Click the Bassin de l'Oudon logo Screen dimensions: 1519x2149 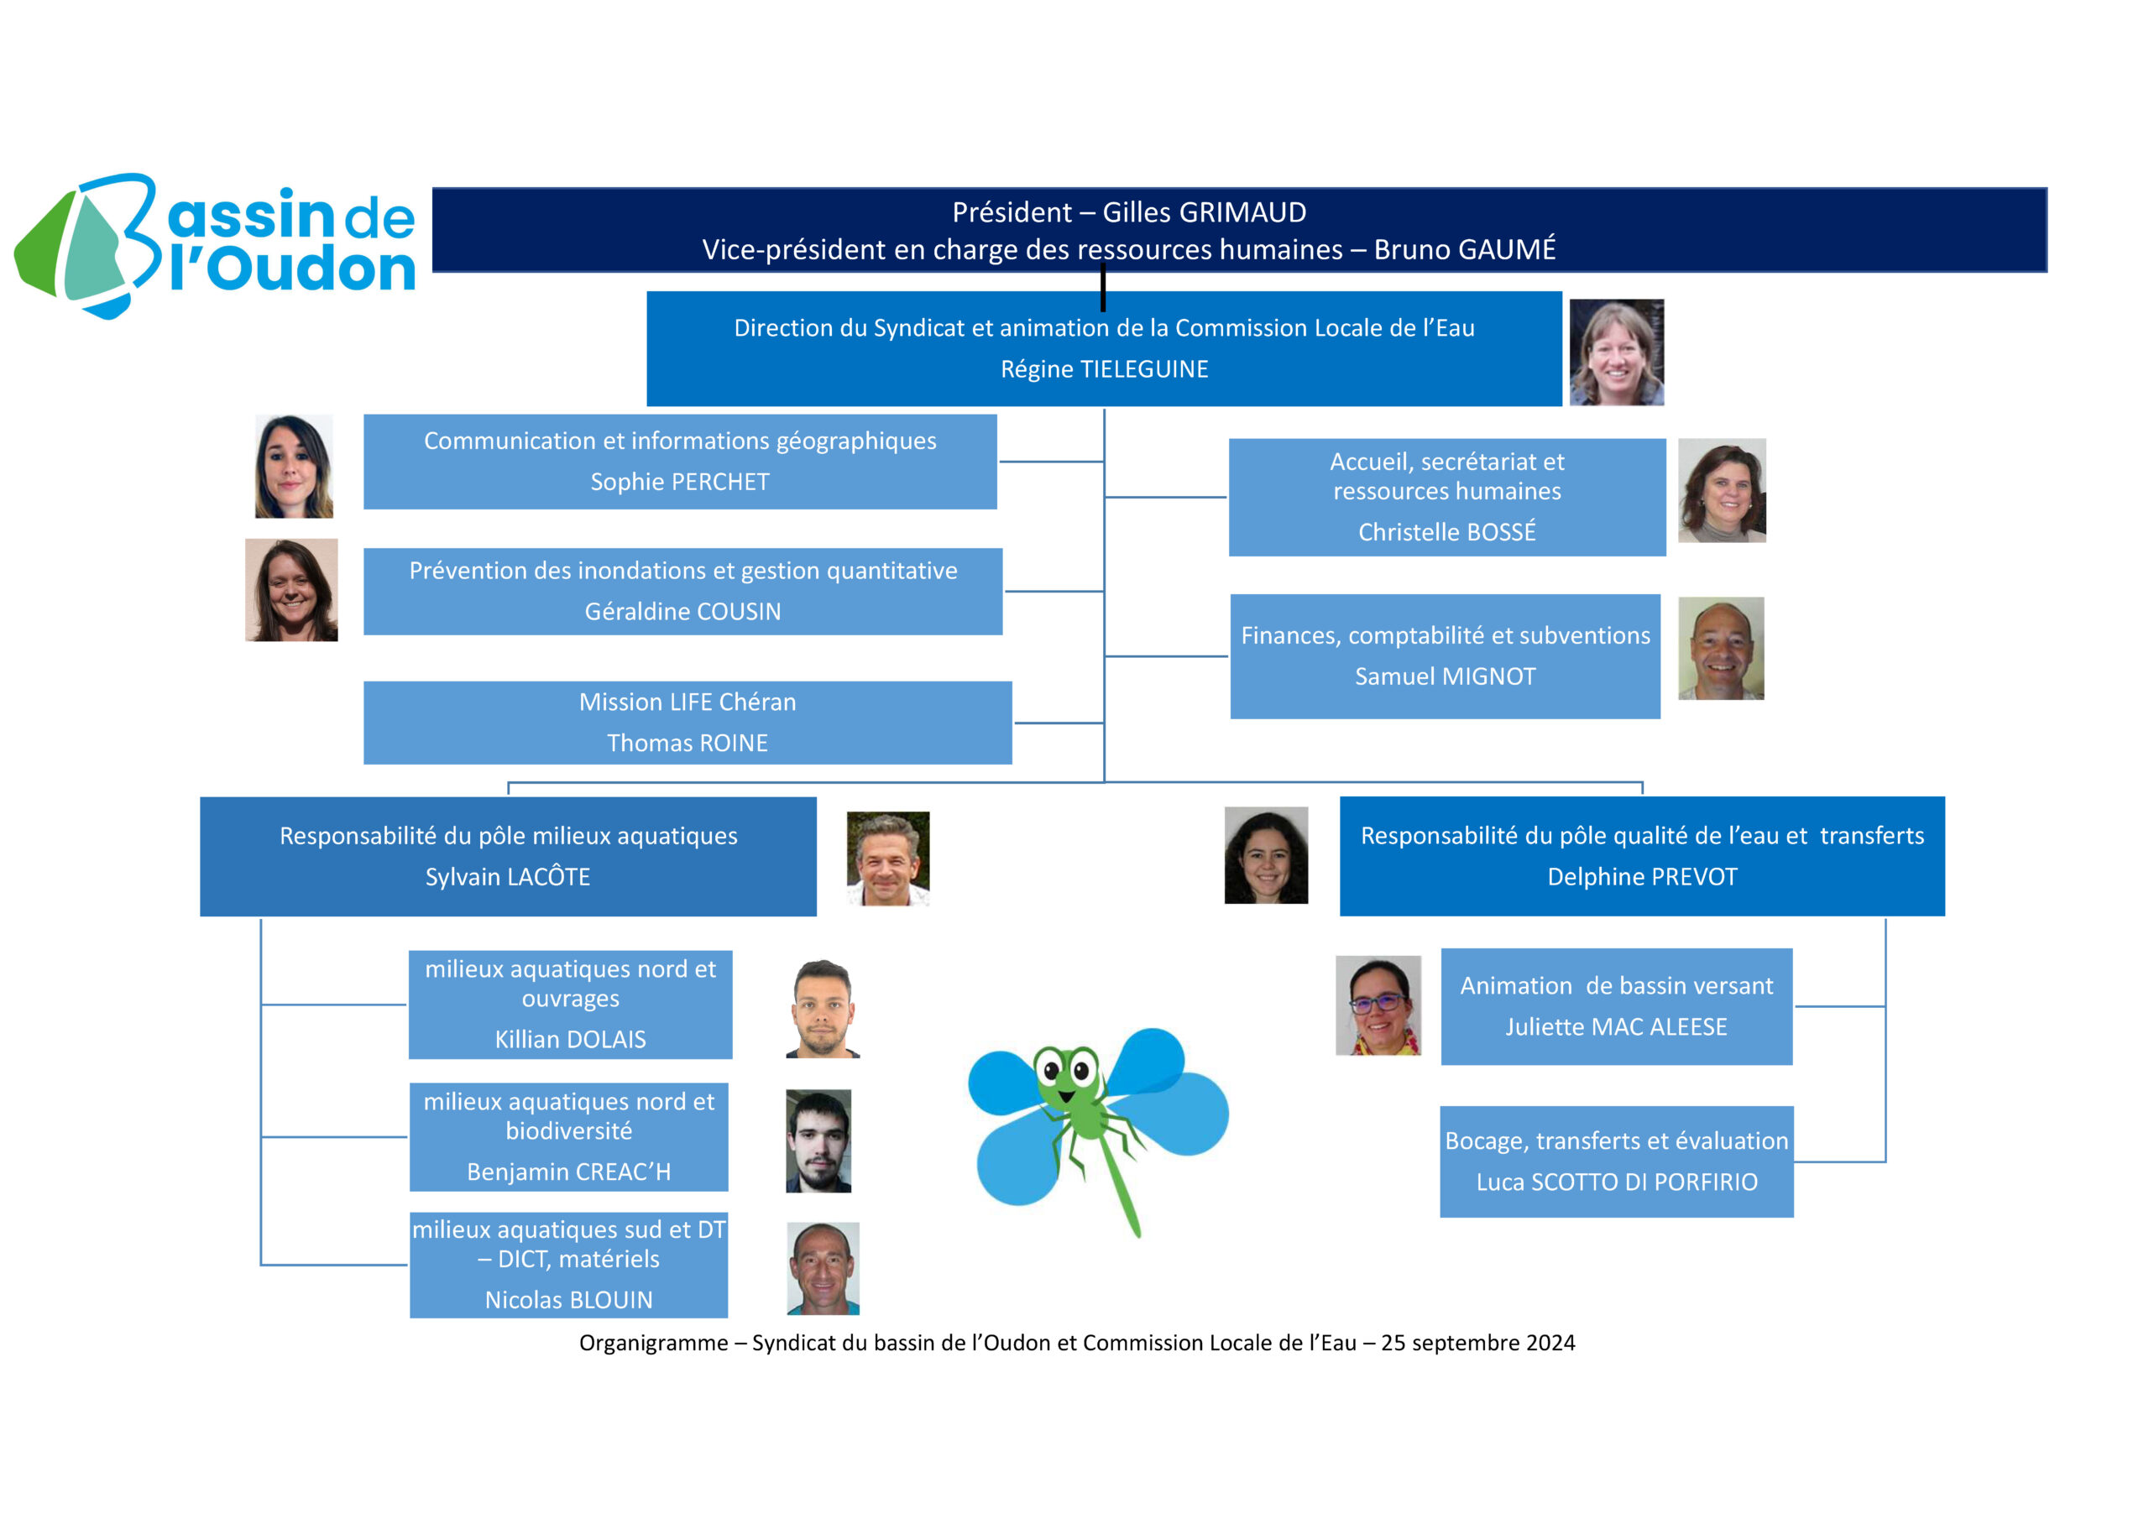point(215,245)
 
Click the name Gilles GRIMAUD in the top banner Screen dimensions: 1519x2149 point(1204,212)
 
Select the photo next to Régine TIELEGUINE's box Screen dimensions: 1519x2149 point(1617,352)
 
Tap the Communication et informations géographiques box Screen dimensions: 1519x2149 point(679,462)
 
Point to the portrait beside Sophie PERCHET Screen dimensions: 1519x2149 point(294,466)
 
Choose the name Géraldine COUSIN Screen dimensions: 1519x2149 point(682,611)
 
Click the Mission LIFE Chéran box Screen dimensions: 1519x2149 point(687,722)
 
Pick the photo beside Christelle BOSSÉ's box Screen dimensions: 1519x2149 point(1721,490)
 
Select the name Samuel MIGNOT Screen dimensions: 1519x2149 point(1446,676)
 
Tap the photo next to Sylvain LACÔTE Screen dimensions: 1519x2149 point(887,859)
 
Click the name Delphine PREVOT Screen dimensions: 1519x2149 point(1642,877)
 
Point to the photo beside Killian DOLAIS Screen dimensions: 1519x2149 point(823,1009)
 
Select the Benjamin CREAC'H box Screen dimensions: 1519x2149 point(569,1136)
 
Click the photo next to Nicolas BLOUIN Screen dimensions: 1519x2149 point(823,1268)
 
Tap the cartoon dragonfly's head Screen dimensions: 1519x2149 point(1067,1074)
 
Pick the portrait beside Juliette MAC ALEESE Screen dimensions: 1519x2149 point(1378,1005)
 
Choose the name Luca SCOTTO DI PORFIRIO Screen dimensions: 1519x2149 point(1617,1182)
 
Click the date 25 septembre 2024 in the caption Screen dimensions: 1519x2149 point(1478,1343)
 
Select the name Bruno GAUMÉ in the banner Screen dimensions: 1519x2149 point(1465,249)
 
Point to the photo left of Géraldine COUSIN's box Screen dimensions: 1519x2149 point(291,590)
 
